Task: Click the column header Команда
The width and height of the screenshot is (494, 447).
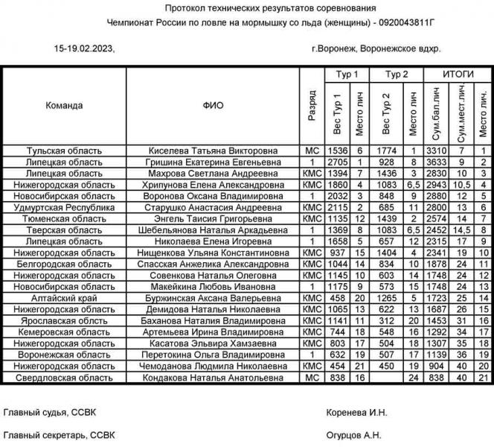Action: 64,106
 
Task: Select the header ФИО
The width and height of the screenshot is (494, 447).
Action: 213,106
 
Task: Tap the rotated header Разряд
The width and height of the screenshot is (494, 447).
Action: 312,106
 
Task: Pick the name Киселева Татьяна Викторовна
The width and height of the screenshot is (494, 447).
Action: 213,150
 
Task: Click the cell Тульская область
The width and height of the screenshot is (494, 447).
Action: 64,150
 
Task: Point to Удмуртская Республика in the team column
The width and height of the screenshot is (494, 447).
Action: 64,207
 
